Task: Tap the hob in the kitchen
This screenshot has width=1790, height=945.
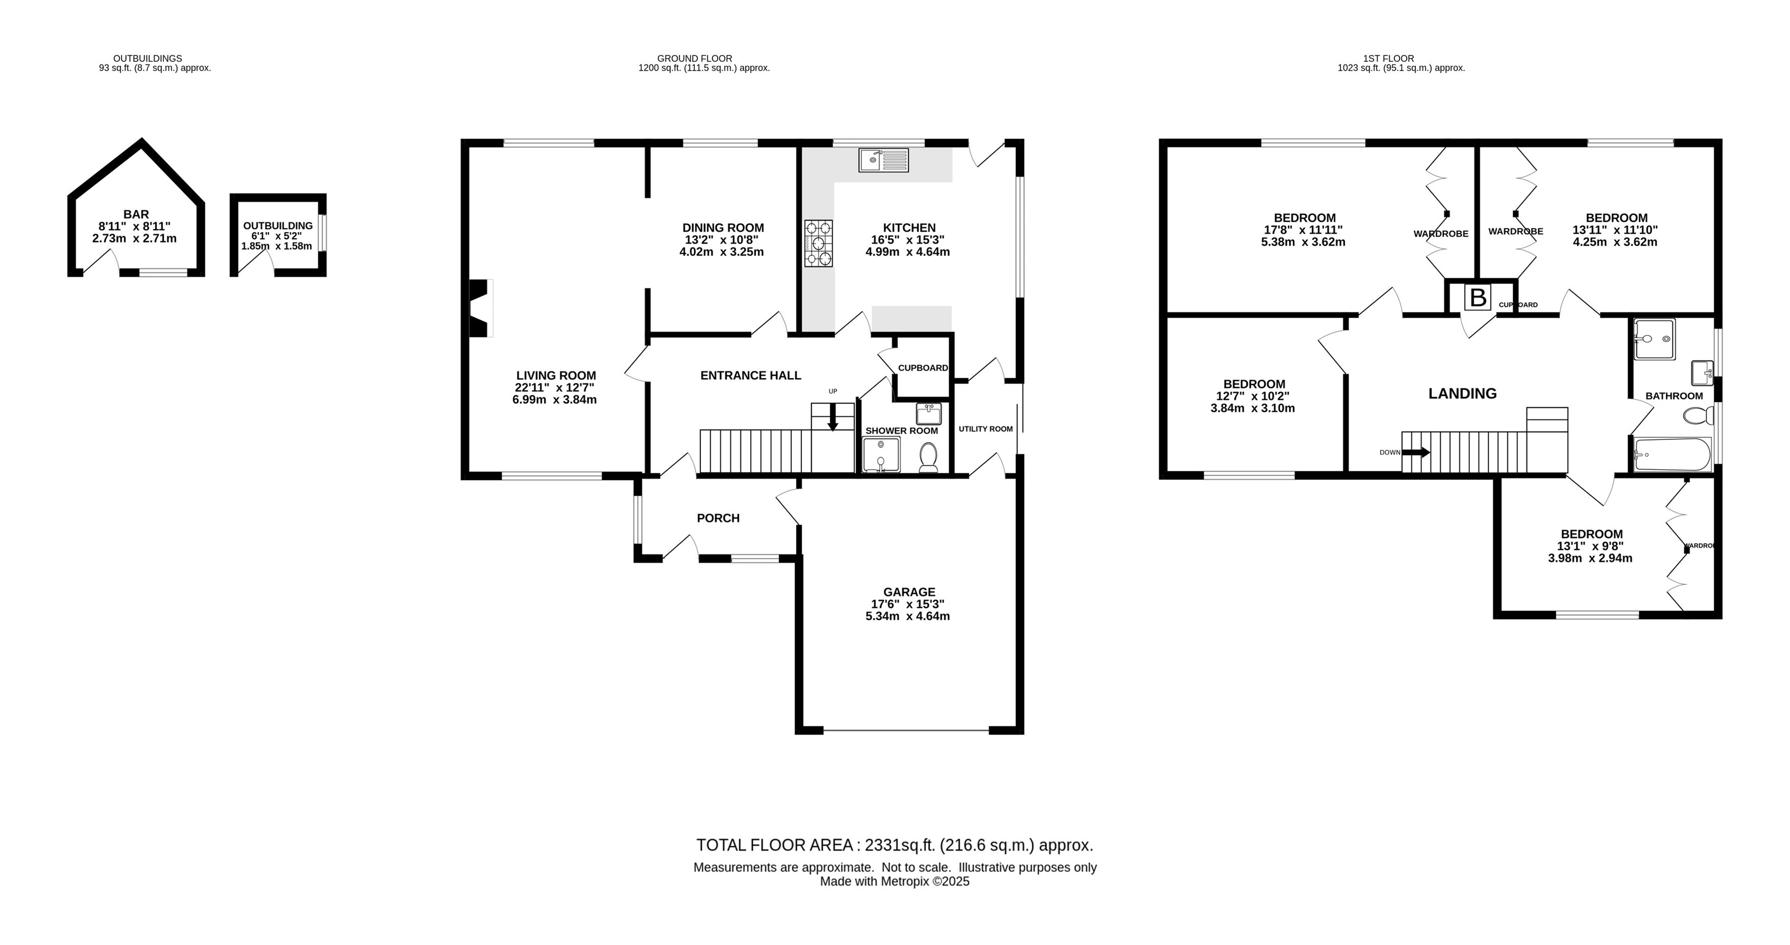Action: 819,243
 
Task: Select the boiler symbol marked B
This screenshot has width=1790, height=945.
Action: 1478,298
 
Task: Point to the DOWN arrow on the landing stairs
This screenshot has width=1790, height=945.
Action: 1416,452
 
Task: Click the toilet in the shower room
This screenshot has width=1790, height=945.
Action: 928,458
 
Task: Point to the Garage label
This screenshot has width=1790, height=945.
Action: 909,592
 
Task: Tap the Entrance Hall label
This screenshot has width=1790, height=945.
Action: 751,375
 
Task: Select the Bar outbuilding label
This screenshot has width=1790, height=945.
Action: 136,215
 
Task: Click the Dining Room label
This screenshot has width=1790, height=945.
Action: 723,228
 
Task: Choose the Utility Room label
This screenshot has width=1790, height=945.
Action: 986,429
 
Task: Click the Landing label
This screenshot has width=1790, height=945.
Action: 1462,393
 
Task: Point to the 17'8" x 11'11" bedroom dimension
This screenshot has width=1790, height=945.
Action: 1303,230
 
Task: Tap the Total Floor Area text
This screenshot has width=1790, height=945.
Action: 895,845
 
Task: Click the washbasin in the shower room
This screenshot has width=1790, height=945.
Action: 929,413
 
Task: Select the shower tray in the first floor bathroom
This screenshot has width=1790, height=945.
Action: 1654,339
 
